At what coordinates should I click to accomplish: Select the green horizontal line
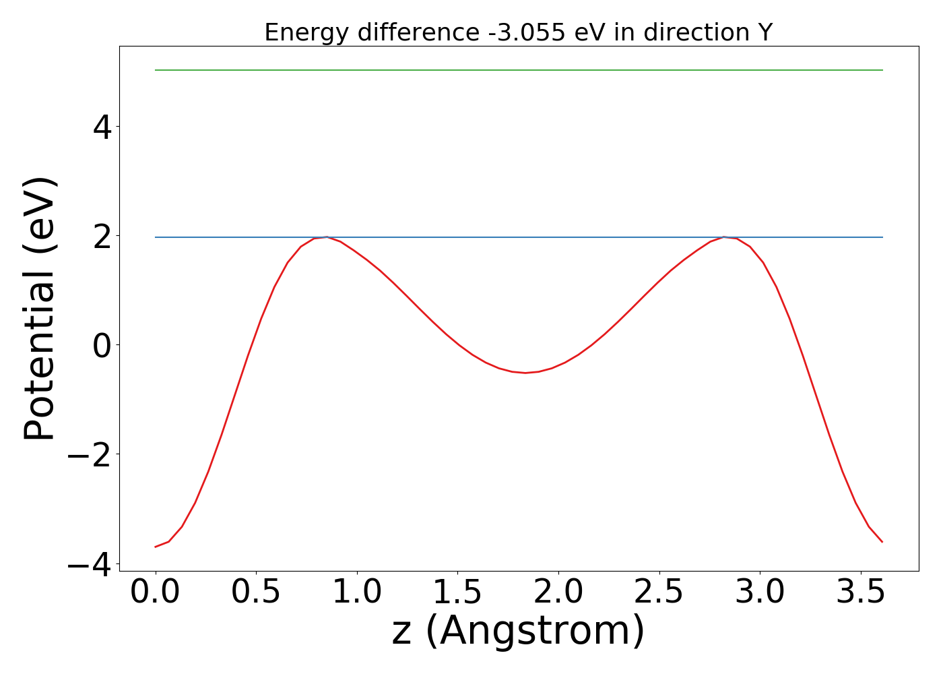pos(519,70)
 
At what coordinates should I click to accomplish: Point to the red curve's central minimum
pos(525,372)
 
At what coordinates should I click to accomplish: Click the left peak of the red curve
pos(327,237)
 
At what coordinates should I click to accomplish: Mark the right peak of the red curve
pos(724,237)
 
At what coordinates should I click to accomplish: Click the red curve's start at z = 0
pos(156,547)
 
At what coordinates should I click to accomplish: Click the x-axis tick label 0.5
pos(256,592)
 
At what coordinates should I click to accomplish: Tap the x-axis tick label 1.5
pos(457,592)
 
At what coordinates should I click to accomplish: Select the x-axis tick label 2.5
pos(659,592)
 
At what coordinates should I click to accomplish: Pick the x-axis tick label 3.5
pos(860,592)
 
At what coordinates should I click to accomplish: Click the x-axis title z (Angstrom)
pos(518,632)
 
